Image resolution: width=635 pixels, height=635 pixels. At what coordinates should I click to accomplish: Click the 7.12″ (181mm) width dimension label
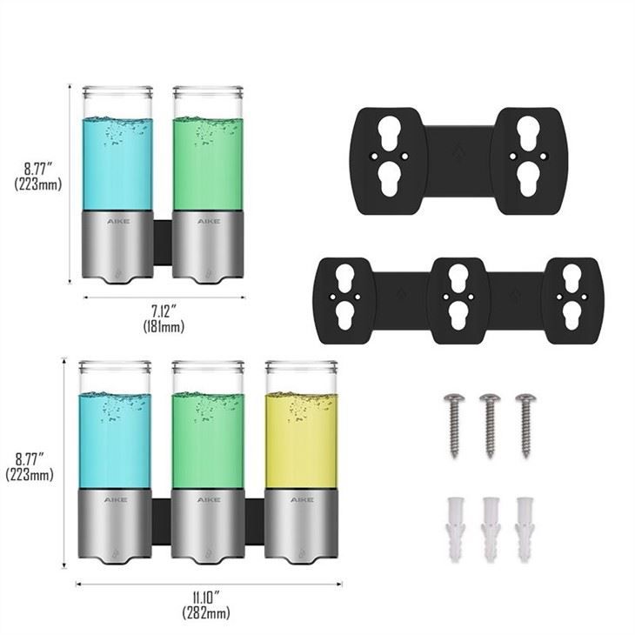164,318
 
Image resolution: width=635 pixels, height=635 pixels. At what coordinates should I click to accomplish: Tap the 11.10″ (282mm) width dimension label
206,605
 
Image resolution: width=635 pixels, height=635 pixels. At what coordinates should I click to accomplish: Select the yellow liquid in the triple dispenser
301,440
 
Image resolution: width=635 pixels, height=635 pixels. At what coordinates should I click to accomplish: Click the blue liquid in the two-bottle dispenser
117,164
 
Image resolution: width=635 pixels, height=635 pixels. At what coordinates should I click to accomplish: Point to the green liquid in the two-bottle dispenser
208,164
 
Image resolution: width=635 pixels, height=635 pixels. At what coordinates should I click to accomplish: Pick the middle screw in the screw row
490,425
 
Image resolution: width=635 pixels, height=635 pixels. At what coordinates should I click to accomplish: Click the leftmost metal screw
454,425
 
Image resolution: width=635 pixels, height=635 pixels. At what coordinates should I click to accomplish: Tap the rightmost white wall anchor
525,530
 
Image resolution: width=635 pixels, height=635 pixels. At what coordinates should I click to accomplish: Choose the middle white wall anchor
490,530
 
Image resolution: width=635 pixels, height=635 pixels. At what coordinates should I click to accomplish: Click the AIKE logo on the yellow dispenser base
302,500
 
